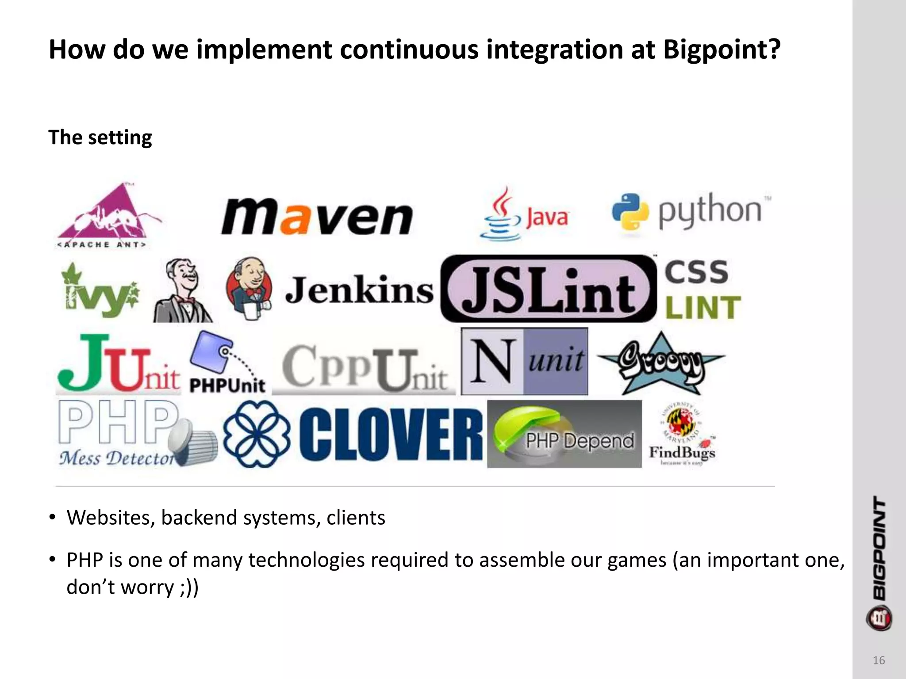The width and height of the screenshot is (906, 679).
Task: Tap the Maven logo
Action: (x=317, y=216)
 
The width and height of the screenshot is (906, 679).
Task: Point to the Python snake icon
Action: (x=630, y=212)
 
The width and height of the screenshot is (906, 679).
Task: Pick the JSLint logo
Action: (x=549, y=288)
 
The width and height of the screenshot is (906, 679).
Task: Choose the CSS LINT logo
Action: (x=702, y=289)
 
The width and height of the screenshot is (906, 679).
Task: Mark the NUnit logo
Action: (x=524, y=361)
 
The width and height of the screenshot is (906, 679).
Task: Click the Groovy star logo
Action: (x=660, y=364)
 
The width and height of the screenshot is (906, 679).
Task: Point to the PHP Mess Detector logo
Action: (x=133, y=434)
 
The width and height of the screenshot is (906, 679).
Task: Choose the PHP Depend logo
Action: (x=564, y=434)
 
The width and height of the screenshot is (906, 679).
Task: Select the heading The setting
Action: (x=100, y=137)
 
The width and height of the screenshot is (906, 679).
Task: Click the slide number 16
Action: (x=879, y=660)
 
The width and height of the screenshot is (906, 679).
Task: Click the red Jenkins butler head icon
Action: (x=249, y=287)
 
